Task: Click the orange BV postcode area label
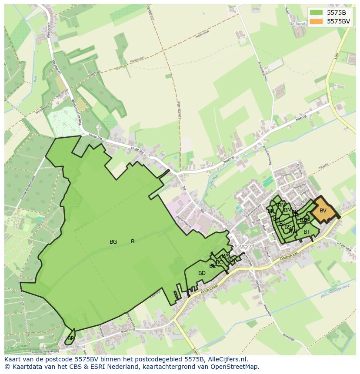click(323, 211)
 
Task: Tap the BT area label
click(307, 232)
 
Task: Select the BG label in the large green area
click(113, 242)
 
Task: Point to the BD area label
click(202, 273)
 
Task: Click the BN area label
click(281, 205)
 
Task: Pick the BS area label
click(288, 227)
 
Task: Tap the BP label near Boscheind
click(70, 338)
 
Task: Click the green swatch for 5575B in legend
click(317, 13)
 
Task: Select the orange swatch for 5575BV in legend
click(317, 21)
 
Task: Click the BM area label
click(287, 210)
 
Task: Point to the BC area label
click(219, 262)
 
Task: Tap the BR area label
click(271, 211)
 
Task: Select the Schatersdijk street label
click(343, 247)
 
